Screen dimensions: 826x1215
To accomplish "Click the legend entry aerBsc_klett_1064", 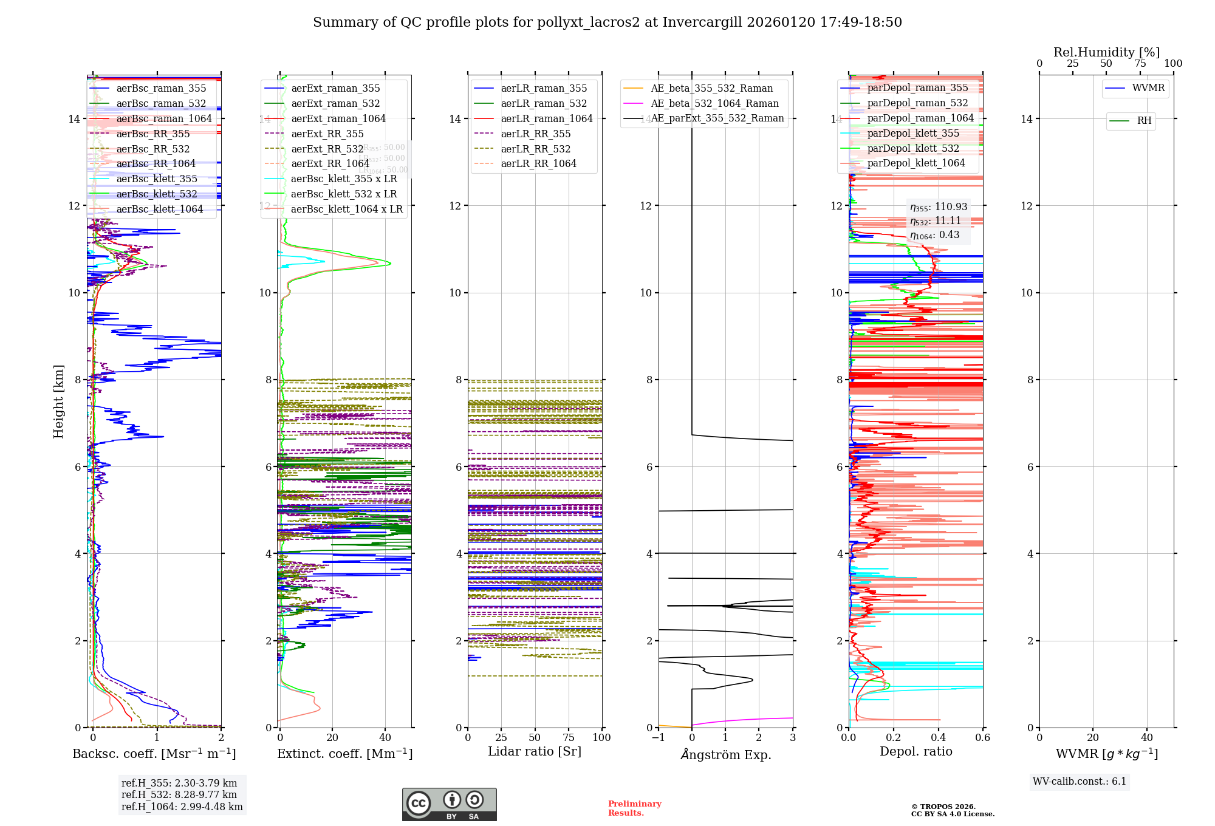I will coord(159,209).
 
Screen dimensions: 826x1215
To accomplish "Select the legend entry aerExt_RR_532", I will coord(327,149).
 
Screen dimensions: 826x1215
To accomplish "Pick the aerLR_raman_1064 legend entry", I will coord(546,118).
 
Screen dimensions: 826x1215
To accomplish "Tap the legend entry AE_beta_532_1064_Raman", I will coord(714,103).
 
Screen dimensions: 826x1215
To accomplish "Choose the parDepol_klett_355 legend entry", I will coord(913,133).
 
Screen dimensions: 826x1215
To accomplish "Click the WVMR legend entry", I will coord(1148,88).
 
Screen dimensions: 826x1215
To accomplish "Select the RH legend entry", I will coord(1144,121).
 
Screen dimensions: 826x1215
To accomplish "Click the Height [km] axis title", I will coord(58,401).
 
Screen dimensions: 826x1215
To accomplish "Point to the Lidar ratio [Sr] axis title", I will coord(535,751).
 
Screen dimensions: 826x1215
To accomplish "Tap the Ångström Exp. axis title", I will coord(725,754).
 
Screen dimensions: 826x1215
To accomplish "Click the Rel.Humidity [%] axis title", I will coord(1106,52).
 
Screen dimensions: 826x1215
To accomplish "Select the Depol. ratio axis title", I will coord(916,751).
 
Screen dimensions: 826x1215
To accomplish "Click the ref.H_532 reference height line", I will coord(179,794).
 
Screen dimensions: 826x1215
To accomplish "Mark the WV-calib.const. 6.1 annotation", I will coord(1080,781).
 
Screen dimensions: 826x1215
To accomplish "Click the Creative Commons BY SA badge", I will coord(449,804).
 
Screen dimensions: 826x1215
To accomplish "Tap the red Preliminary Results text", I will coord(634,808).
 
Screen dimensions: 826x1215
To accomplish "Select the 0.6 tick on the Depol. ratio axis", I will coord(982,737).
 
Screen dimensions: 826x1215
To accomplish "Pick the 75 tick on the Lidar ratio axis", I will coord(569,737).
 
